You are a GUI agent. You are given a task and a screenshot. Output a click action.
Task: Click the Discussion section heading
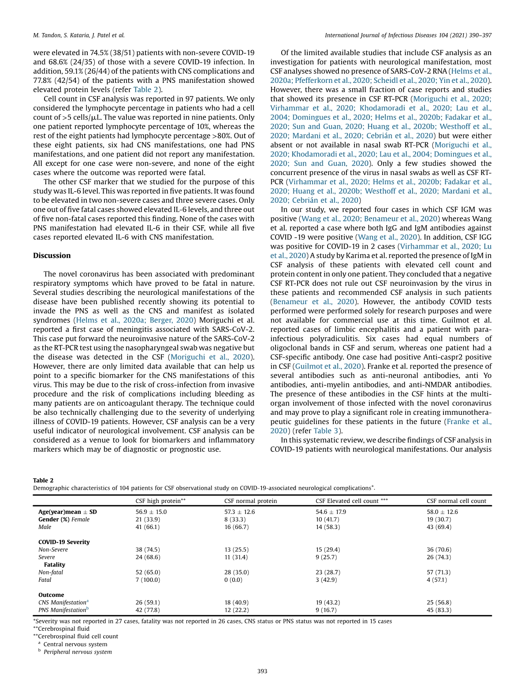point(52,256)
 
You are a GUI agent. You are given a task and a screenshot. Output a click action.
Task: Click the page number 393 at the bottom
point(262,671)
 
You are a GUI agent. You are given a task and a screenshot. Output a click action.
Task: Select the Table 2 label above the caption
point(43,480)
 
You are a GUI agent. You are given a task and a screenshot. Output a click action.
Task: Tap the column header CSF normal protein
point(250,501)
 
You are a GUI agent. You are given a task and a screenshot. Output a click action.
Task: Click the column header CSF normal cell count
point(456,501)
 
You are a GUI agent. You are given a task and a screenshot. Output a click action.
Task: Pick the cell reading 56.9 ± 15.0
point(151,512)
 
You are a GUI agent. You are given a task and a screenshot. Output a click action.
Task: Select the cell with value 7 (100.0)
point(148,580)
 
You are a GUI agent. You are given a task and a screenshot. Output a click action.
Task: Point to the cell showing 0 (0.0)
point(233,580)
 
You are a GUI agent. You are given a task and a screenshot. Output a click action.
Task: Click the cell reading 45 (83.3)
point(439,610)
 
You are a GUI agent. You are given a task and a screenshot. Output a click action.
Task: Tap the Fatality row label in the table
point(54,565)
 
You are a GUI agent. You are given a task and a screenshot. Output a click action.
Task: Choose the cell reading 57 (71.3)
point(439,572)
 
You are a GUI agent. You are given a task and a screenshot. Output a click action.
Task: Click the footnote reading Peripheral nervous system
point(78,652)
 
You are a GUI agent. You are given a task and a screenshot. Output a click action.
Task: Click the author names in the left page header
point(79,35)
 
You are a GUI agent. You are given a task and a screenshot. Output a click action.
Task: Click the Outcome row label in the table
point(51,595)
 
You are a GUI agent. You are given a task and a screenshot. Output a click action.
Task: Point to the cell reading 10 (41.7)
point(328,519)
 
